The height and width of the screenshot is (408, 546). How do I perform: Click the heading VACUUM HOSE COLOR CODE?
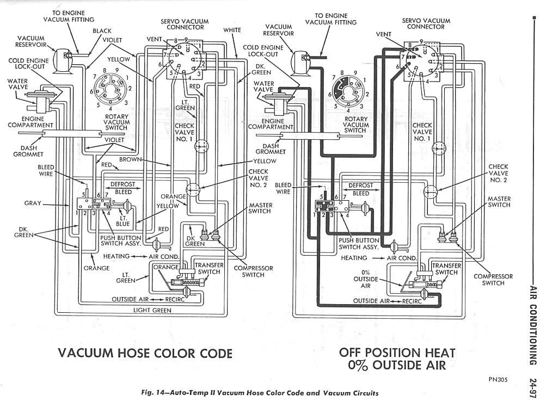click(145, 353)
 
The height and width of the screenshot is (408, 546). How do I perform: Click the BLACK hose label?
click(102, 31)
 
